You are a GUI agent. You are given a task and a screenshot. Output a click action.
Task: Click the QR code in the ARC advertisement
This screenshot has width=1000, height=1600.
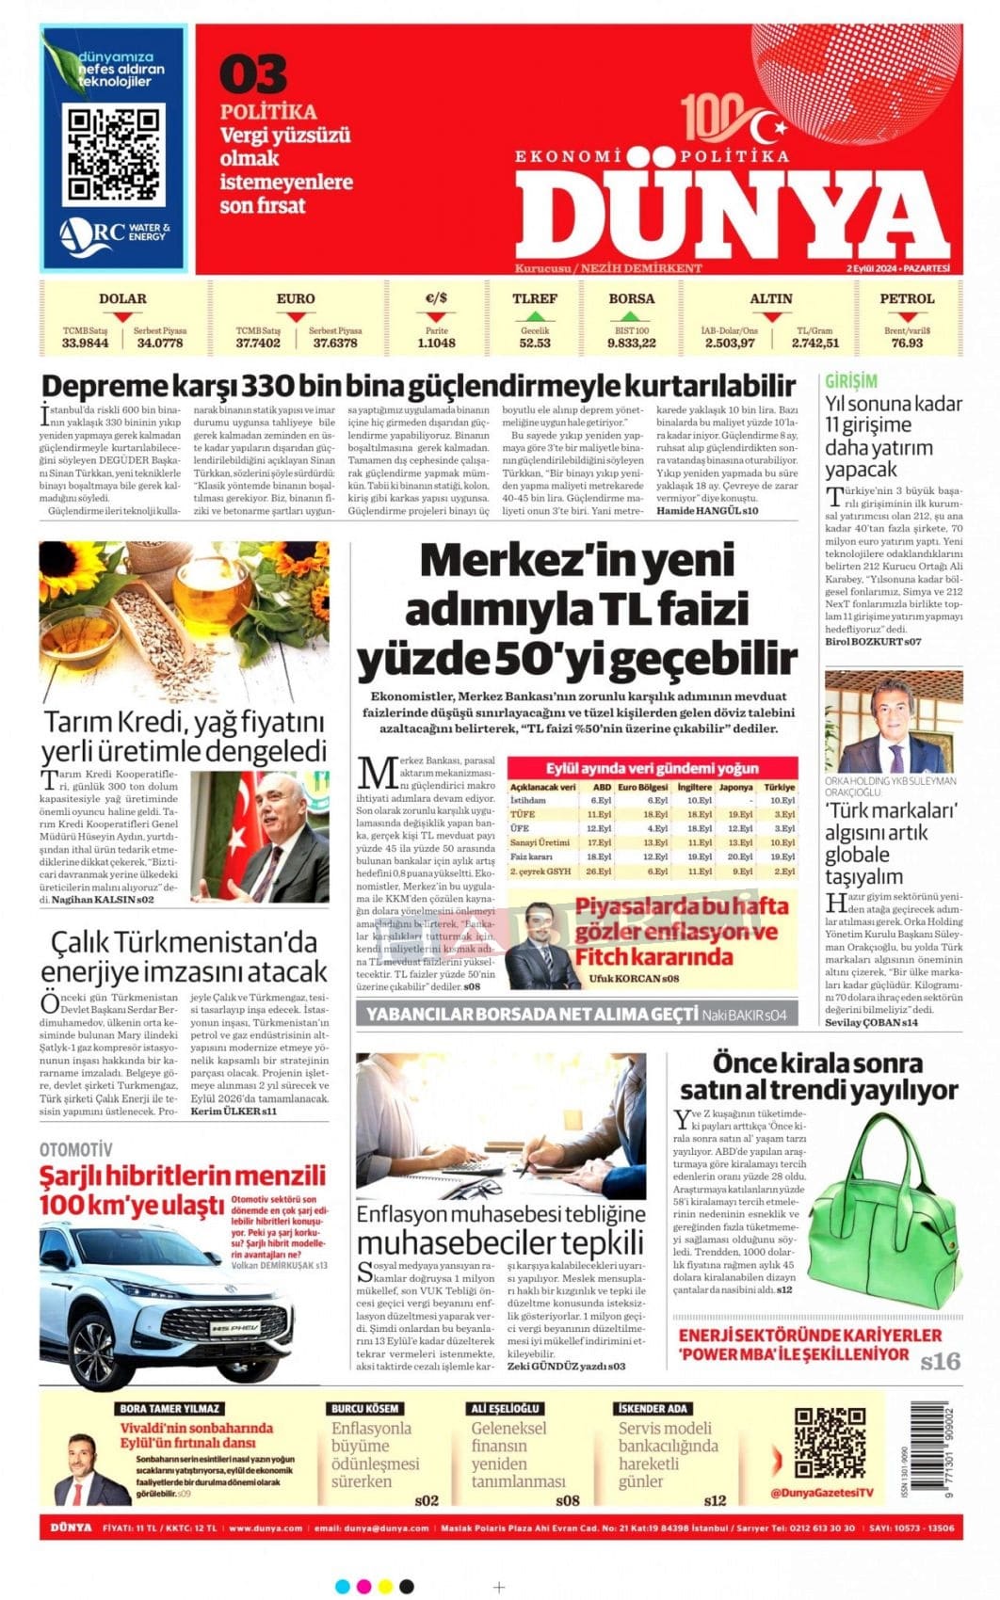114,155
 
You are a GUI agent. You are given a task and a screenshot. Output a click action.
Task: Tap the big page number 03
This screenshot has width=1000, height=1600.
252,75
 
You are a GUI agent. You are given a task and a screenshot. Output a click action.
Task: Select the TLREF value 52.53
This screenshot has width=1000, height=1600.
535,344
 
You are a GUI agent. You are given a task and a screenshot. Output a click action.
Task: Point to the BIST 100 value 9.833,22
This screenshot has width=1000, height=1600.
631,344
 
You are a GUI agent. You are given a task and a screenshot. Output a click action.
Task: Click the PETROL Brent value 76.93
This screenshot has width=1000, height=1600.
907,344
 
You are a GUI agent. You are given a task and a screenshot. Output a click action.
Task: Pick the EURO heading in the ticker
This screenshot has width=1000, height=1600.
296,299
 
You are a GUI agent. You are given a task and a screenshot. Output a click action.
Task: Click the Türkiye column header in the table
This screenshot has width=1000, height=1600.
779,787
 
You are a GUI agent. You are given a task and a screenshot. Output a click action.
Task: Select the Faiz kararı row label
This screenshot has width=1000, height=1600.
531,856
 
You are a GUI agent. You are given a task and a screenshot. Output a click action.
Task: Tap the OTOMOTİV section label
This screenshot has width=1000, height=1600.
75,1150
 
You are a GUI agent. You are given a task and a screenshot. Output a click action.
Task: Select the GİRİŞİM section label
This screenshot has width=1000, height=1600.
851,381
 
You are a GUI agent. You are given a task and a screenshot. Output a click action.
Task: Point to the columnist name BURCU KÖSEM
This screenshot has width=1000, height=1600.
364,1409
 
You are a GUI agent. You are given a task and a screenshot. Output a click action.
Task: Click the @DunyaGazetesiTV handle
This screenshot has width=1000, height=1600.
822,1493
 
